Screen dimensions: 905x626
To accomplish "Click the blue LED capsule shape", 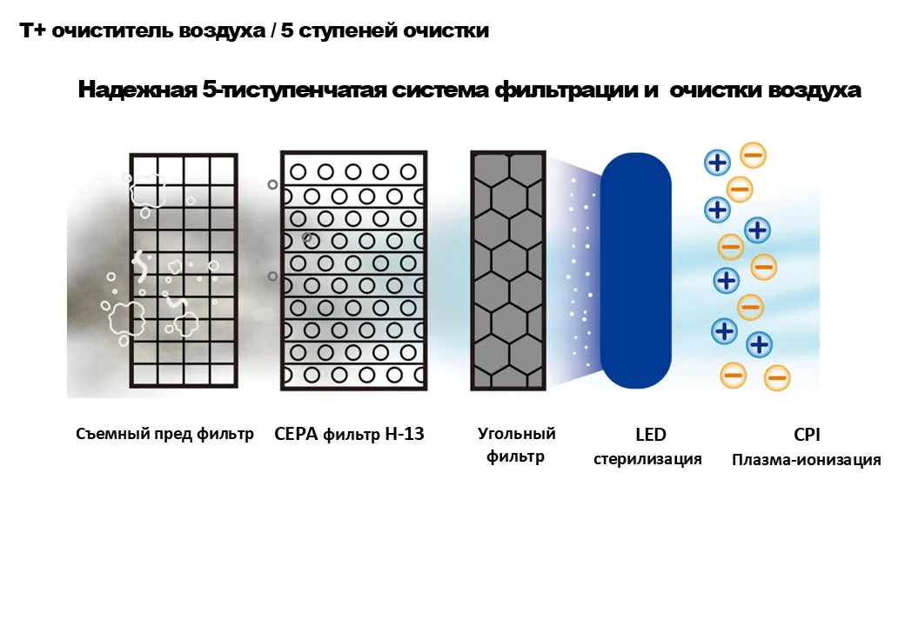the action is [635, 270].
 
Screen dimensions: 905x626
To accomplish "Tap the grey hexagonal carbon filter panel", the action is [508, 270].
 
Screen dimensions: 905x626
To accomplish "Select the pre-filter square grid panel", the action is [184, 270].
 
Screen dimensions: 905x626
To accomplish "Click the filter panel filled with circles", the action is [354, 270].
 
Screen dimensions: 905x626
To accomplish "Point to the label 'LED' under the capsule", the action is [651, 435].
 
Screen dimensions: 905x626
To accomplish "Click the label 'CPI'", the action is [807, 435].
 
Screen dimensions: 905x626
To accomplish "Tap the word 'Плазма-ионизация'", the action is [807, 460].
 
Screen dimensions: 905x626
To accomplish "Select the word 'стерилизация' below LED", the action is [647, 459].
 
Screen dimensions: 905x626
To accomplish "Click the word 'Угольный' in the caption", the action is [517, 434].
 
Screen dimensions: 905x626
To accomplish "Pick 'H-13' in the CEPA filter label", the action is [404, 434].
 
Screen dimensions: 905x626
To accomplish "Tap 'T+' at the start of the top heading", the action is [31, 30].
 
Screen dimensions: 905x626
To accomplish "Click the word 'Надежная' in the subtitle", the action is [137, 90].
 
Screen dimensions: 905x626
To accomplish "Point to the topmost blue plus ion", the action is [717, 163].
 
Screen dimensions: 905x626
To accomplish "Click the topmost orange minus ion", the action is [753, 155].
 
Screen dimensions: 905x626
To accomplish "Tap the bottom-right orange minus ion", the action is [777, 378].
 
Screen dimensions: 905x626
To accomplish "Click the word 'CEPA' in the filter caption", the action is [296, 434].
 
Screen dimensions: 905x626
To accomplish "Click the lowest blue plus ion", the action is [759, 344].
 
